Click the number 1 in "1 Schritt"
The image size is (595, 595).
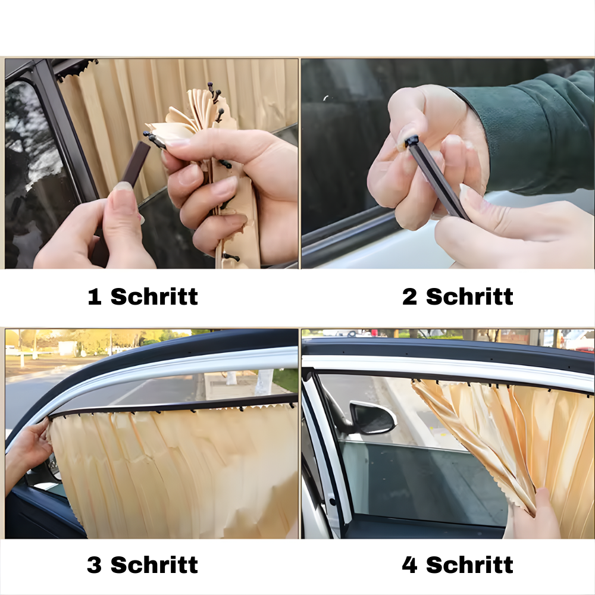pyautogui.click(x=95, y=296)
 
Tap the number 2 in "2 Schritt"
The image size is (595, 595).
pyautogui.click(x=409, y=296)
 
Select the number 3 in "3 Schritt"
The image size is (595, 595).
pyautogui.click(x=95, y=565)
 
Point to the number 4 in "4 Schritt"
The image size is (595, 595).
pyautogui.click(x=409, y=565)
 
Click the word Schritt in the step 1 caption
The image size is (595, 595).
pyautogui.click(x=154, y=296)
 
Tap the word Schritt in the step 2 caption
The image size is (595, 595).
pyautogui.click(x=469, y=296)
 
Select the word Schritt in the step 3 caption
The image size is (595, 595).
pyautogui.click(x=154, y=565)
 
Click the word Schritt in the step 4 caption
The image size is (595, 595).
pyautogui.click(x=469, y=565)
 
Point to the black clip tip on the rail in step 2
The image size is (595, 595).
pyautogui.click(x=411, y=142)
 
